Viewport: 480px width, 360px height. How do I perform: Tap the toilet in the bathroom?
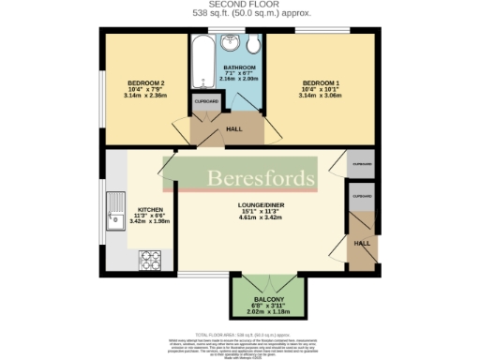(253, 46)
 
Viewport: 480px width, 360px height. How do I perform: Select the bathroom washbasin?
(229, 42)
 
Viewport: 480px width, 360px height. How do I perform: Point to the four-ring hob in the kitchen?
(149, 259)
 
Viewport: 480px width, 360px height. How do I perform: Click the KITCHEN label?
(151, 209)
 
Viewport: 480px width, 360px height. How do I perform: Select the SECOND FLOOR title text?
(240, 6)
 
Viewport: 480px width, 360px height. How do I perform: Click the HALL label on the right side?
(362, 243)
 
